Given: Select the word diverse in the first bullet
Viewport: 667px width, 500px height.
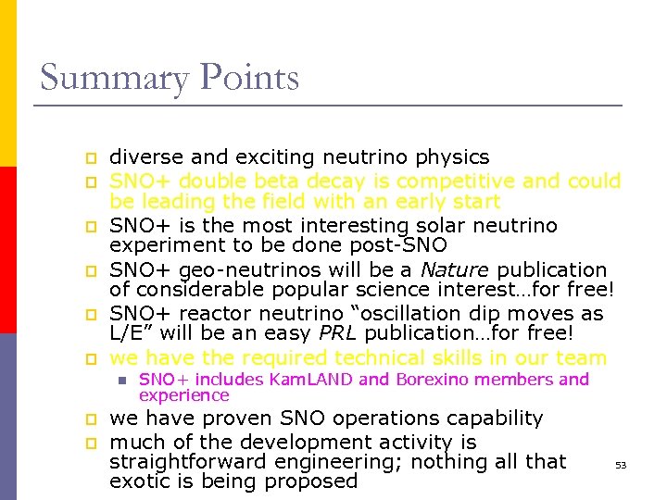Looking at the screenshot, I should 145,157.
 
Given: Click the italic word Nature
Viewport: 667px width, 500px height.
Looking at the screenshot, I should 454,269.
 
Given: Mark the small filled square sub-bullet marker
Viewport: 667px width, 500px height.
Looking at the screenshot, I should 120,380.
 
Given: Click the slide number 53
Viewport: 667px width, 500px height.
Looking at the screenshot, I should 621,465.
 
